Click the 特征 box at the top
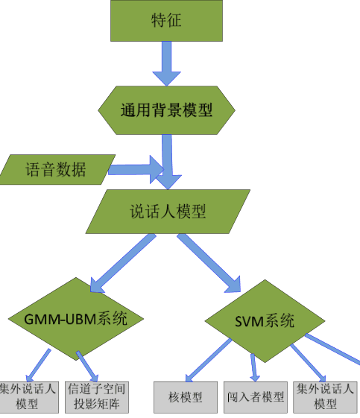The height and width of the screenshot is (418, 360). click(166, 21)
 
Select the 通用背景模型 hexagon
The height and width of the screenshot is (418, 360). click(166, 110)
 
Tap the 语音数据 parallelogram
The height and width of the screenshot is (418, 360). click(57, 169)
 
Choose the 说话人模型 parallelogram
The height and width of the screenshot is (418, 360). click(168, 212)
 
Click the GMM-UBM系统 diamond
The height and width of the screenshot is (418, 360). click(76, 319)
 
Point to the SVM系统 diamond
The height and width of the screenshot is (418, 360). click(265, 321)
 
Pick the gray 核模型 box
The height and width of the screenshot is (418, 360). click(186, 397)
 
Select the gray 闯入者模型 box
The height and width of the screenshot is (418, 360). click(256, 397)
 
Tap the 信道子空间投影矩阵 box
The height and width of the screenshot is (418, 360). click(97, 397)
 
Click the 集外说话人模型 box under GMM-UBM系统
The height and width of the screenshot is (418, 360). click(28, 397)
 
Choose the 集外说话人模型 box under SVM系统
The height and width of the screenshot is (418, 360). click(325, 397)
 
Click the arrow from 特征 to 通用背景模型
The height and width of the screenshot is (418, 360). click(167, 63)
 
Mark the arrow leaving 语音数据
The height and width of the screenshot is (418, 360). click(136, 170)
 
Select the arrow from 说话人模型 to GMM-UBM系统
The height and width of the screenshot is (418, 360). click(123, 263)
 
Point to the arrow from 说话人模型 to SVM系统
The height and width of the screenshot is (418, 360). click(209, 263)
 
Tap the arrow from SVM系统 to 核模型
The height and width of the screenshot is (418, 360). click(209, 360)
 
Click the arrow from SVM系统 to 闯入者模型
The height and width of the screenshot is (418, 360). click(254, 367)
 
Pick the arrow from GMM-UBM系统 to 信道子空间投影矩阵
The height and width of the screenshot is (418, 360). click(87, 367)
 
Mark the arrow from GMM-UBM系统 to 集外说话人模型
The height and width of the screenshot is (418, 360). click(38, 365)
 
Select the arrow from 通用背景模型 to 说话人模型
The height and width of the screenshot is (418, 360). click(168, 162)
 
